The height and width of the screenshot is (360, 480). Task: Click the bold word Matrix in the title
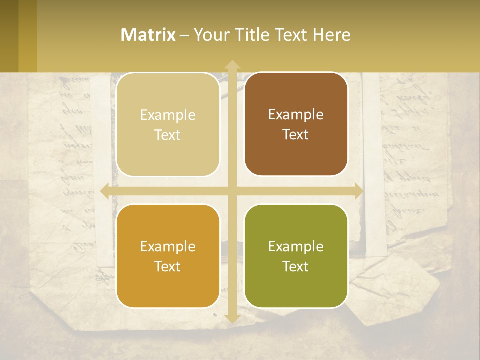coord(148,35)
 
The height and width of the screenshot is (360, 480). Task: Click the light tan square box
coord(168,125)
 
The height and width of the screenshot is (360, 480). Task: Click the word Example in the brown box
coord(296,115)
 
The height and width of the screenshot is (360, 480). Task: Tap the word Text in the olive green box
coord(296,266)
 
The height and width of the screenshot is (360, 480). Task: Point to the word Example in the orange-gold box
coord(168,247)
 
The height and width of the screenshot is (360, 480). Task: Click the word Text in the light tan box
coord(168,135)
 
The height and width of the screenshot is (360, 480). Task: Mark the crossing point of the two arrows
coord(232,191)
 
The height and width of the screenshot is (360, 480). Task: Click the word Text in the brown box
coord(296,134)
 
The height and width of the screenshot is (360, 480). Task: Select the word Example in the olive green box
coord(296,247)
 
